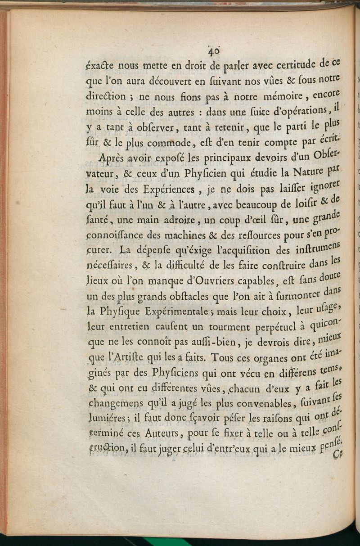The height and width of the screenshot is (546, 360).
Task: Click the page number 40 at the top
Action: pyautogui.click(x=213, y=51)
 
